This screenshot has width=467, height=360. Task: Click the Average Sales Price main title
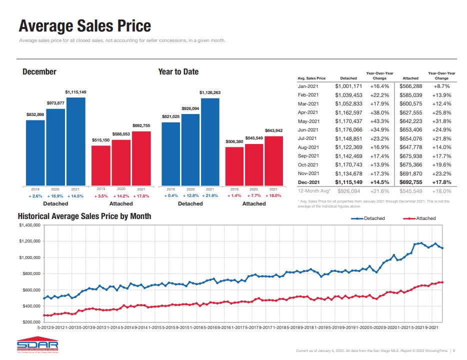pyautogui.click(x=84, y=25)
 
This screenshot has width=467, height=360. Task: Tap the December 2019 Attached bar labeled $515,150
pyautogui.click(x=101, y=165)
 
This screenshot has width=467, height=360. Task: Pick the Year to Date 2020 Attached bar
pyautogui.click(x=254, y=164)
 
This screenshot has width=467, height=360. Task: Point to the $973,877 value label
pyautogui.click(x=55, y=103)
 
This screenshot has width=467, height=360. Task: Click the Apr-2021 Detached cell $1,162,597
pyautogui.click(x=348, y=112)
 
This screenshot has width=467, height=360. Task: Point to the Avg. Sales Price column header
pyautogui.click(x=311, y=78)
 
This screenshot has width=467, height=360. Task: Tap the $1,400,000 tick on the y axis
pyautogui.click(x=30, y=225)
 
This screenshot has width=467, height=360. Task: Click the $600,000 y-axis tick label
pyautogui.click(x=31, y=290)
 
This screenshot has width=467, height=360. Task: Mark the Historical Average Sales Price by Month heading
pyautogui.click(x=84, y=216)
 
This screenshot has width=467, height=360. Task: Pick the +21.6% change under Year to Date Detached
pyautogui.click(x=210, y=195)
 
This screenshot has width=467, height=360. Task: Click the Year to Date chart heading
pyautogui.click(x=178, y=72)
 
